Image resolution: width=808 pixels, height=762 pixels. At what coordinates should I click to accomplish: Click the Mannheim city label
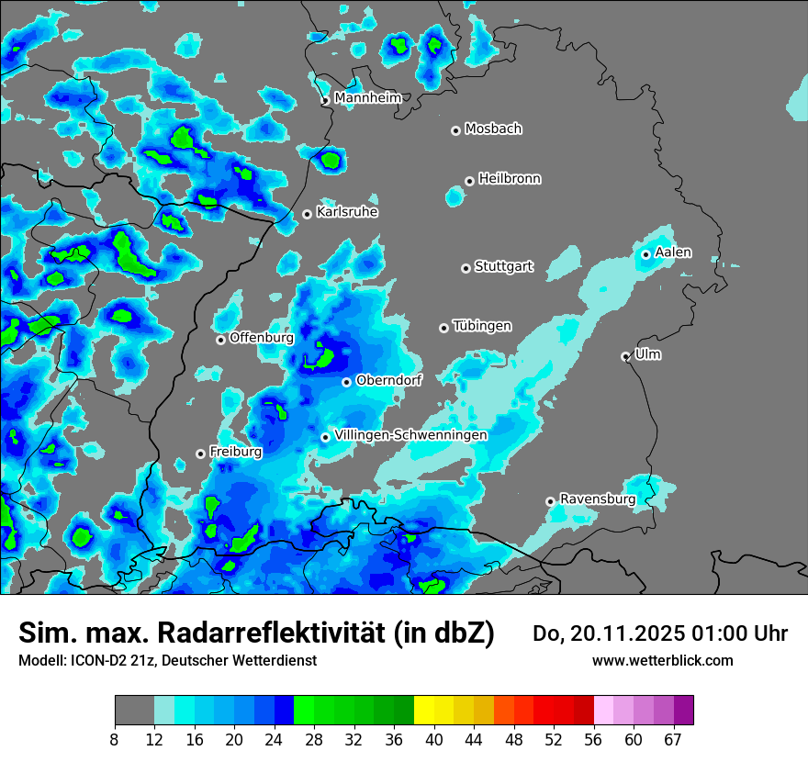click(367, 97)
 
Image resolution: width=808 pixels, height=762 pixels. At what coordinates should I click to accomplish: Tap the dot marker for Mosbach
click(455, 130)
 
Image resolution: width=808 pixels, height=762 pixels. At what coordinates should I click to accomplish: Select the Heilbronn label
click(510, 178)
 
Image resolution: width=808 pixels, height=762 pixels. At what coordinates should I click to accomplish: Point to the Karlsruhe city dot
click(307, 215)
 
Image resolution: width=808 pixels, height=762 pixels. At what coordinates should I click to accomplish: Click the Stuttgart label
click(504, 267)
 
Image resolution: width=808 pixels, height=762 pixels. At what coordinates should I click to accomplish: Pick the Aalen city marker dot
click(646, 254)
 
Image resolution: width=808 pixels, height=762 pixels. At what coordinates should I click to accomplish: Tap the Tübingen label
click(482, 326)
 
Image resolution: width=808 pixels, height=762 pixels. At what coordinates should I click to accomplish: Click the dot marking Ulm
click(625, 356)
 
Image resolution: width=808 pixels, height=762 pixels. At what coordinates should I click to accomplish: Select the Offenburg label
click(262, 338)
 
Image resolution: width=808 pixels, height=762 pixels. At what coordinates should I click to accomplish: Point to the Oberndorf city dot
click(346, 382)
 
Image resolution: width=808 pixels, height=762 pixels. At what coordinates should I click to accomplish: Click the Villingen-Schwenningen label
click(411, 434)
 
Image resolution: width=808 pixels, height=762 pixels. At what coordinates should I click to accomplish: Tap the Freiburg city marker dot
click(200, 454)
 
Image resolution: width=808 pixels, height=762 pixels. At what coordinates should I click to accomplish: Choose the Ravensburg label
click(598, 499)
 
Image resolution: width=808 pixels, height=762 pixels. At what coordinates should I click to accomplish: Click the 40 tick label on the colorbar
click(434, 739)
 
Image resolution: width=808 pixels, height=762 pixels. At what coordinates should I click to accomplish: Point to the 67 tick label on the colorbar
click(673, 739)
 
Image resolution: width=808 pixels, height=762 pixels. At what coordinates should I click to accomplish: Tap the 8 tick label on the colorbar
click(115, 739)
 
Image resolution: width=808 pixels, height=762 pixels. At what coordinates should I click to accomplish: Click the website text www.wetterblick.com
click(663, 660)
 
